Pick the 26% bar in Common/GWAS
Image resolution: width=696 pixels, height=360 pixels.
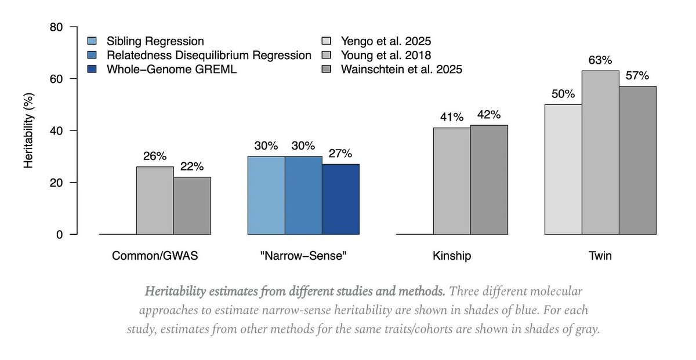tap(155, 201)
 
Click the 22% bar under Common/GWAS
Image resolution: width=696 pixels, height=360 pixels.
tap(192, 206)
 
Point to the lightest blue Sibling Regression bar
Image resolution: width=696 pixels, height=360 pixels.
tap(266, 195)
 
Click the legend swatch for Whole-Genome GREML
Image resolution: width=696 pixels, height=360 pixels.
tap(92, 70)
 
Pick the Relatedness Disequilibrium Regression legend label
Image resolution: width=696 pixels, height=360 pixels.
tap(209, 56)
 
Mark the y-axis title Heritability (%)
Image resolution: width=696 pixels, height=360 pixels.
tap(28, 130)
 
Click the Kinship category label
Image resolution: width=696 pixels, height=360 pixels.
tap(452, 256)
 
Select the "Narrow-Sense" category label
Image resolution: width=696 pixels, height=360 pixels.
tap(303, 256)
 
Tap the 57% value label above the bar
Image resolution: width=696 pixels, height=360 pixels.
tap(637, 75)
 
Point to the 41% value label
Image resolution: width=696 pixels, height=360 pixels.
tap(452, 117)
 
